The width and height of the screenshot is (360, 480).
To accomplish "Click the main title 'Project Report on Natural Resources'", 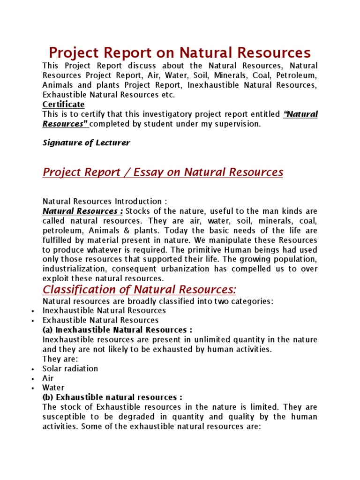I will pos(180,52).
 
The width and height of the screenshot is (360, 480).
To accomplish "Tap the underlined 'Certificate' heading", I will pos(63,104).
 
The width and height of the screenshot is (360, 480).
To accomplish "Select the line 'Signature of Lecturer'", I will pos(86,143).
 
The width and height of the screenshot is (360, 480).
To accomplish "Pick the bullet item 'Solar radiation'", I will pos(70,368).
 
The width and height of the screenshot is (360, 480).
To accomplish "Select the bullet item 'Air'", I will pos(48,378).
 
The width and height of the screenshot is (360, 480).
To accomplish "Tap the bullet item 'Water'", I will pos(53,388).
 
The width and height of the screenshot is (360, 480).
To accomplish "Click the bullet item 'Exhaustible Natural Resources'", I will pos(100,320).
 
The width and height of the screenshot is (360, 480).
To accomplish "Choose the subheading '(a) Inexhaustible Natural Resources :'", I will pos(117,330).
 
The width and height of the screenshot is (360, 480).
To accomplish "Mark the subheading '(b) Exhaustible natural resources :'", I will pos(112,397).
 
